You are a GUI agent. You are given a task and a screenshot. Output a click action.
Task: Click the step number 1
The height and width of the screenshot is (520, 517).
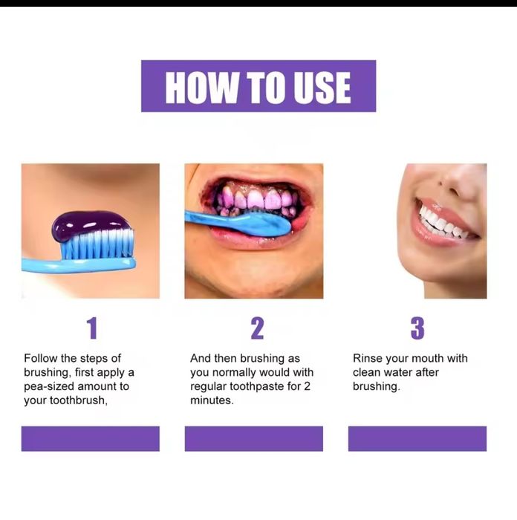coord(91,328)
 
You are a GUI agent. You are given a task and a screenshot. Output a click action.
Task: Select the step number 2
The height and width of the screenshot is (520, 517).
coord(256,328)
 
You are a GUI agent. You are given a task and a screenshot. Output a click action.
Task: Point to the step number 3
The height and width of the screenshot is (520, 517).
coord(417,328)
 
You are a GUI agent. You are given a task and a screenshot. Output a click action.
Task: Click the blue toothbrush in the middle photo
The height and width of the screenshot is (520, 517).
coord(238,221)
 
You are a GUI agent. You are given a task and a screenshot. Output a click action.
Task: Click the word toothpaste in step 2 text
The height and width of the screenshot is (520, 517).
coord(263,386)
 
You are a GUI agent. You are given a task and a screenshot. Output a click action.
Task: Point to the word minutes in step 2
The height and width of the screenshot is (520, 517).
coord(211,400)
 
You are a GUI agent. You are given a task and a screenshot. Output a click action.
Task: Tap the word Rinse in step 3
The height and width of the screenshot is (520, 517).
coord(368,358)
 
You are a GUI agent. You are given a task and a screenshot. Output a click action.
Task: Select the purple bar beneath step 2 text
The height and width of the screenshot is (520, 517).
coord(253,438)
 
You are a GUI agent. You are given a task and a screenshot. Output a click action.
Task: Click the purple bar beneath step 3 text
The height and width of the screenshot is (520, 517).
coord(417,438)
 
